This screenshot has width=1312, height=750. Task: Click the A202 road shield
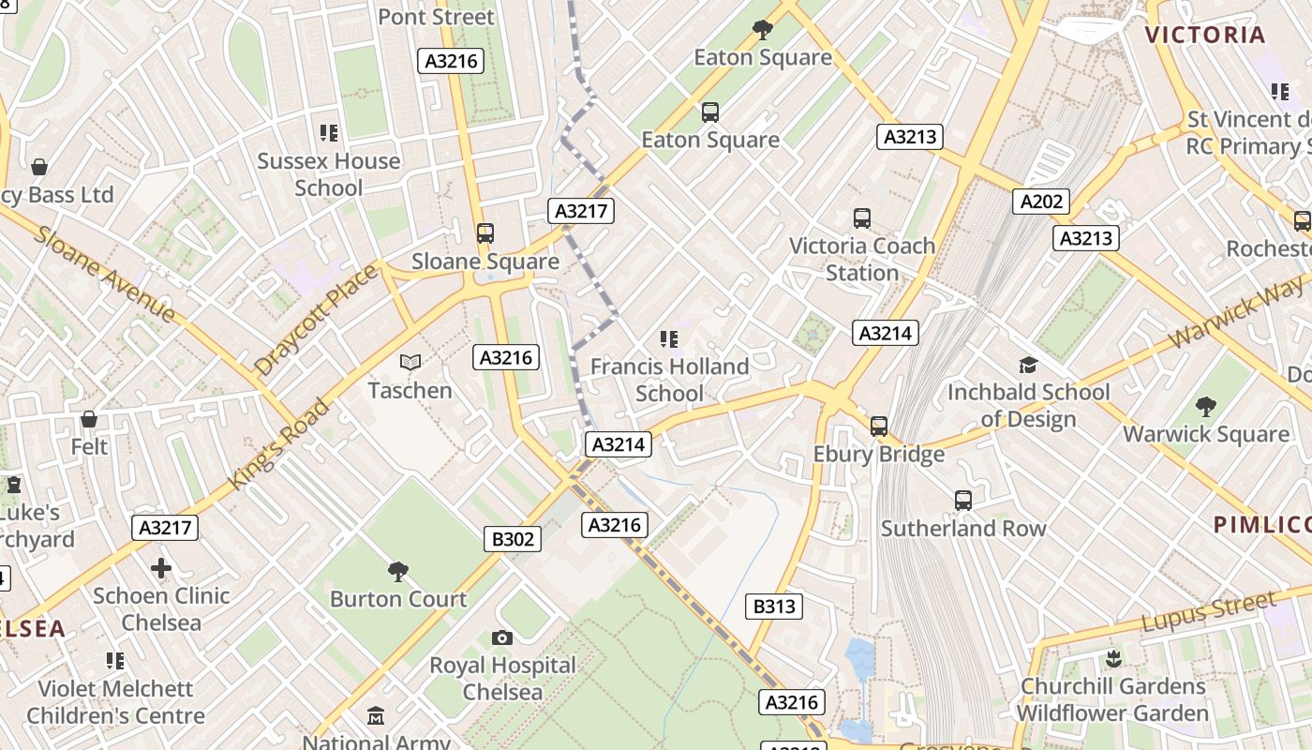[x=1041, y=202]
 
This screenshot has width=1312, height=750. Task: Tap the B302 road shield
[x=513, y=539]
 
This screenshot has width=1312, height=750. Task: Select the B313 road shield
[x=774, y=607]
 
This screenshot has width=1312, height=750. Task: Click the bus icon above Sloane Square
[x=485, y=233]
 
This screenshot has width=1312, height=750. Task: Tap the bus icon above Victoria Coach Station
[x=862, y=218]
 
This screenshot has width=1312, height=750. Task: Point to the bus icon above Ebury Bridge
[x=878, y=427]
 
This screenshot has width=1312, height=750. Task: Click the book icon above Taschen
[x=410, y=362]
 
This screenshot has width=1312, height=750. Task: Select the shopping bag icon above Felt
[x=89, y=419]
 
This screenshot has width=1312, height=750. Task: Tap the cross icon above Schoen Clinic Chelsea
[x=161, y=567]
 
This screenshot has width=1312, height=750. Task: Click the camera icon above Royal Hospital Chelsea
[x=502, y=638]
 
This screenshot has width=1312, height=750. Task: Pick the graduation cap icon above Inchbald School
[x=1028, y=365]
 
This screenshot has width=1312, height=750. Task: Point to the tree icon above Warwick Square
[x=1206, y=407]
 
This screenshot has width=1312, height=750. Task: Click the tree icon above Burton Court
[x=398, y=571]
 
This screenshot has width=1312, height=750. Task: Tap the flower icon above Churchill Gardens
[x=1113, y=658]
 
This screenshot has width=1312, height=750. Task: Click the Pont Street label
[x=436, y=17]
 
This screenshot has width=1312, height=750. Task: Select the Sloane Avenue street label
[x=104, y=273]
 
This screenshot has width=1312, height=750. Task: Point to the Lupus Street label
[x=1209, y=612]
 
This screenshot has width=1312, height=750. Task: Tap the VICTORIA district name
[x=1205, y=36]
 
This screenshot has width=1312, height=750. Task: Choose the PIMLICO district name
[x=1261, y=524]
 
